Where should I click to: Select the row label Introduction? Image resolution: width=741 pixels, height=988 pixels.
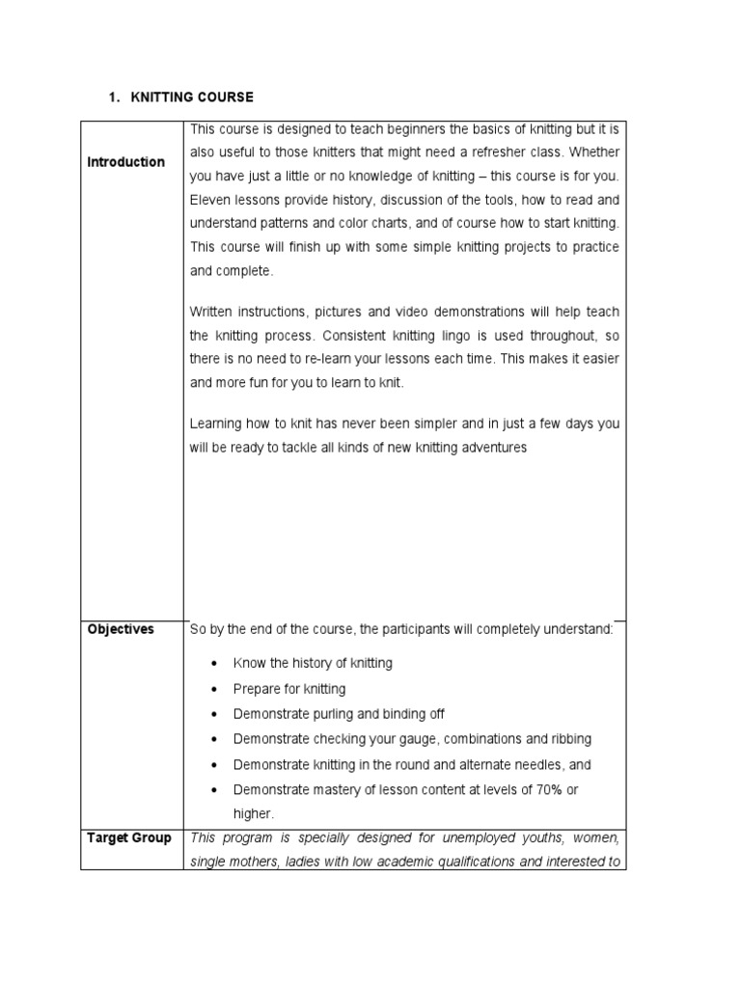point(125,162)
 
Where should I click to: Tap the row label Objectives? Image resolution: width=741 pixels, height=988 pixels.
point(121,629)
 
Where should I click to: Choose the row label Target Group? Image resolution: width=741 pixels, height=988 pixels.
point(129,837)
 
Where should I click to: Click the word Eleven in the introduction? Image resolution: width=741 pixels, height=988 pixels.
point(209,201)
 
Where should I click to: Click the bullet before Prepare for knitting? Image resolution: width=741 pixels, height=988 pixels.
point(213,690)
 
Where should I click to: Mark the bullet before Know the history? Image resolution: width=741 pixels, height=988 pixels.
point(213,665)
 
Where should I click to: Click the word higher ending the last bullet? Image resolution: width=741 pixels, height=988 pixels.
point(252,813)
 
